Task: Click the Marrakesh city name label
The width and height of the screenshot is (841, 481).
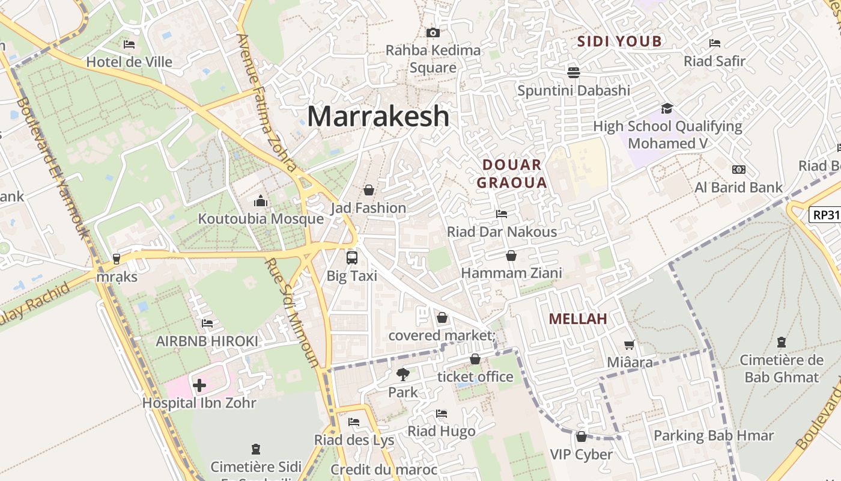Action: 378,116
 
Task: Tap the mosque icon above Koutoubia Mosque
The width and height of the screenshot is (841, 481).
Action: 261,200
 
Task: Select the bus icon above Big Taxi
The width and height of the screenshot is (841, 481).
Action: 352,258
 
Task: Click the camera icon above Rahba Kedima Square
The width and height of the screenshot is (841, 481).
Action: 433,32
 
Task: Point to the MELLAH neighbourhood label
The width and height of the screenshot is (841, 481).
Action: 578,319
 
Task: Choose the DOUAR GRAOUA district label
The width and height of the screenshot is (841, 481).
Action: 512,174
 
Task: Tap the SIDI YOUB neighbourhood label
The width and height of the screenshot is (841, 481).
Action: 619,41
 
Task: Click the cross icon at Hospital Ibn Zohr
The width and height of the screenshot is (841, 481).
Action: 199,385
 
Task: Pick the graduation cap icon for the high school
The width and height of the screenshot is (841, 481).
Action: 667,108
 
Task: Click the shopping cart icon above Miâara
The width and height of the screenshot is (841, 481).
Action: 629,345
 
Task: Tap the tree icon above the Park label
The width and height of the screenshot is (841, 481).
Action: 402,374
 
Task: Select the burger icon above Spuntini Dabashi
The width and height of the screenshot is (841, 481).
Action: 574,73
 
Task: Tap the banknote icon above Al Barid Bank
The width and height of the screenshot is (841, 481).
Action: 738,170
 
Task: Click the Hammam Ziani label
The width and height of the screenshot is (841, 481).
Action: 511,273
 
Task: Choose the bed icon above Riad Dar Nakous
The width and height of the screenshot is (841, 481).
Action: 502,214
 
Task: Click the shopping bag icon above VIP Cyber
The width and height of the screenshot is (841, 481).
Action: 581,437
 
